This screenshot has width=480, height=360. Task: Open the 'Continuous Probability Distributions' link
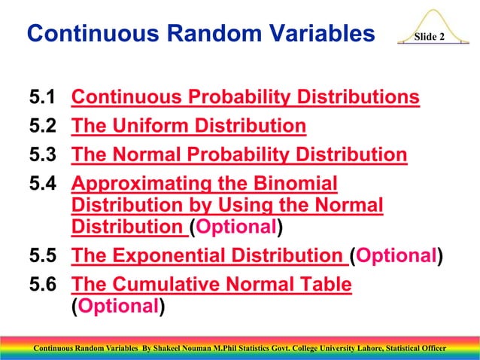point(245,98)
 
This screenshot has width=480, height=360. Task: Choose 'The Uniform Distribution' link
point(188,126)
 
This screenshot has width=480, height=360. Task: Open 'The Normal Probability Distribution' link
point(238,155)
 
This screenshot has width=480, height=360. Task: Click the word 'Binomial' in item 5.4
point(290,184)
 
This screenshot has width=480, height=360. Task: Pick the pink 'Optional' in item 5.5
point(396,257)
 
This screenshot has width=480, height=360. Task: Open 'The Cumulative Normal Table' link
point(211,285)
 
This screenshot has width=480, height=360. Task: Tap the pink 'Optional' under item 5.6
point(117,307)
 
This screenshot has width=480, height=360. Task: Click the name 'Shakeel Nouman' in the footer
point(185,349)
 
